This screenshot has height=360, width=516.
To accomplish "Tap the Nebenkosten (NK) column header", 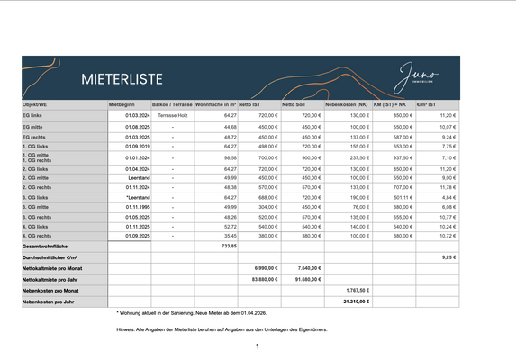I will (346, 105).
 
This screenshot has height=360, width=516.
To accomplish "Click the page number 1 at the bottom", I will (258, 346).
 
